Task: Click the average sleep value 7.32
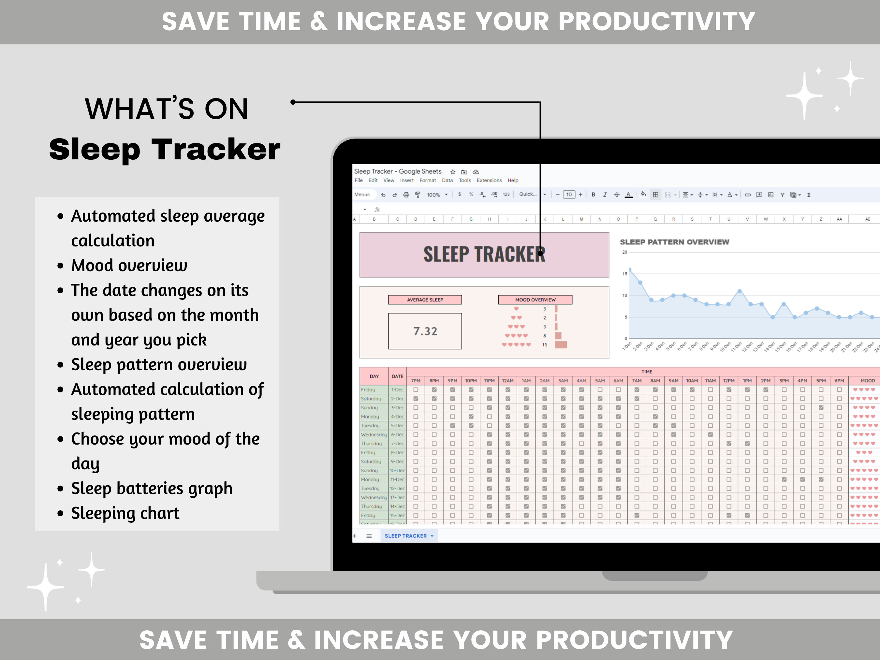coord(425,331)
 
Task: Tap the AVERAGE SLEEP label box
coord(425,300)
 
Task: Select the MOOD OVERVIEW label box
coord(535,300)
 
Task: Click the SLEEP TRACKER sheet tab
coord(406,536)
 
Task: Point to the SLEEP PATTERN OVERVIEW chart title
coord(674,242)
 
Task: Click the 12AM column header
coord(508,381)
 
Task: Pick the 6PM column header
coord(839,381)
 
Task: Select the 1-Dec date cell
coord(397,390)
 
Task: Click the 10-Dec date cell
coord(397,471)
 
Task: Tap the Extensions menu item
coord(489,180)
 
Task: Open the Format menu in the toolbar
coord(428,180)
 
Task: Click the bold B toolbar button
coord(593,195)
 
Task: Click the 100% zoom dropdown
coord(437,195)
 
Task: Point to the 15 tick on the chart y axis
coord(624,274)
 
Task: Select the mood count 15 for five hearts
coord(545,345)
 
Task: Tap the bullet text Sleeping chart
coord(125,513)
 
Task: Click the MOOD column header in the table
coord(867,381)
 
